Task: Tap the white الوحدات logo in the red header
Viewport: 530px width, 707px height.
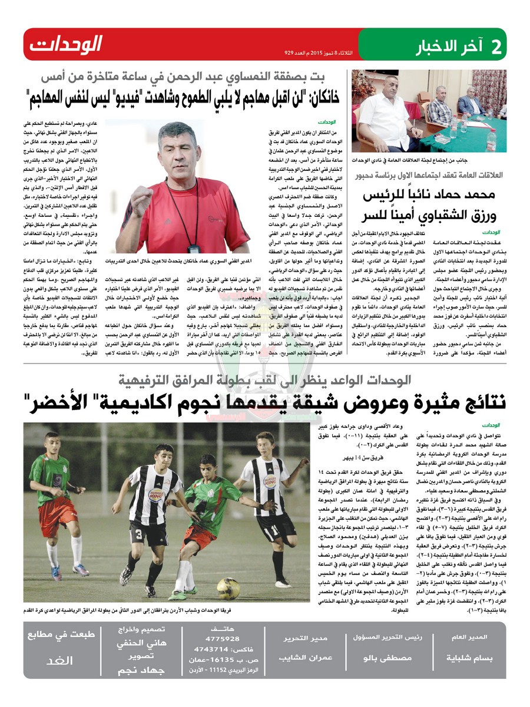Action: pyautogui.click(x=66, y=44)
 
